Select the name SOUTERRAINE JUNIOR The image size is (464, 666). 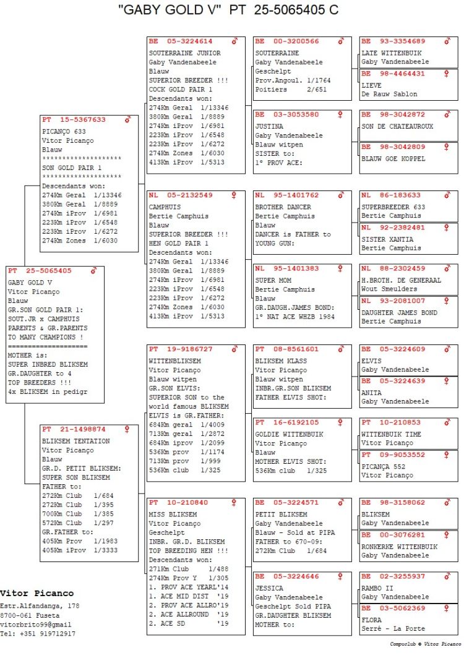coord(184,53)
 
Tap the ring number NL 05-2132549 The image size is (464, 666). coord(180,195)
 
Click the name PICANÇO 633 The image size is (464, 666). coord(64,132)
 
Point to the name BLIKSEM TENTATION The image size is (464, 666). coord(75,441)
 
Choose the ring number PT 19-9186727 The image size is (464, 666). coord(180,349)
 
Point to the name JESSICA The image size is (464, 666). coord(269,588)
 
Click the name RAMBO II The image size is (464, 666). coord(379,588)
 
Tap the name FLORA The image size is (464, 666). coord(372,620)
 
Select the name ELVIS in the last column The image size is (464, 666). coord(371,361)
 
